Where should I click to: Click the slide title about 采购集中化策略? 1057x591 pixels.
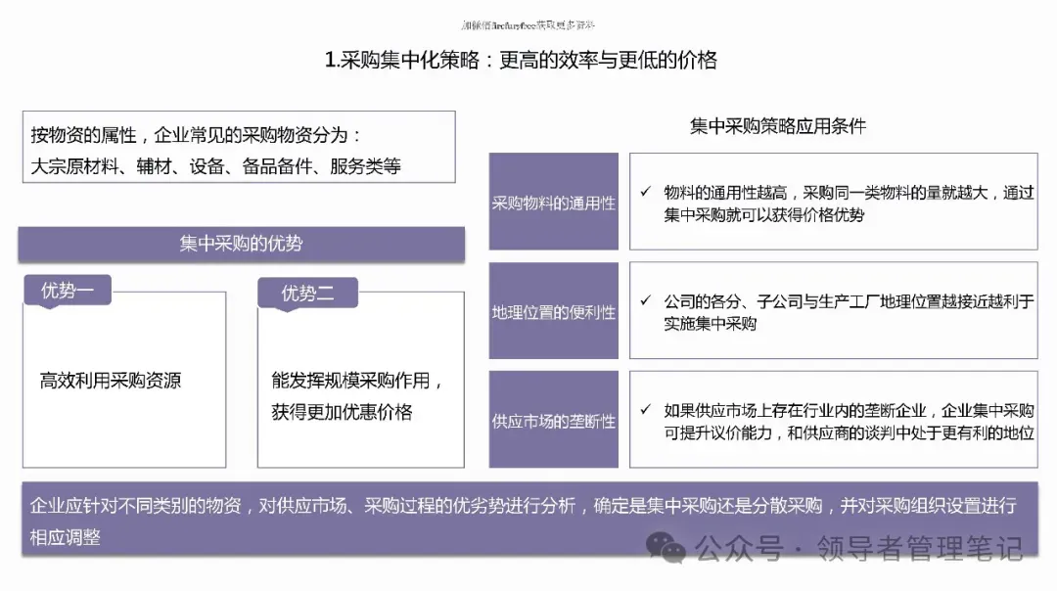click(x=521, y=61)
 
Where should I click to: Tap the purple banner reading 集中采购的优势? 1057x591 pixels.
click(x=241, y=244)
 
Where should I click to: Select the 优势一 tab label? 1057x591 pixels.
click(x=68, y=291)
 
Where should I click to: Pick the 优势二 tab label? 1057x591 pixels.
click(x=307, y=293)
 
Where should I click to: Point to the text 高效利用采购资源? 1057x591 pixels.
click(x=110, y=381)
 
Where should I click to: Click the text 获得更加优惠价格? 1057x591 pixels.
click(x=342, y=412)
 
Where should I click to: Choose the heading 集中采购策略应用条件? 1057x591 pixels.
click(x=778, y=126)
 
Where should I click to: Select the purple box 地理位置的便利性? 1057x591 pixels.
click(x=553, y=312)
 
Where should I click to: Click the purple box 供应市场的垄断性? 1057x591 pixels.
click(x=553, y=421)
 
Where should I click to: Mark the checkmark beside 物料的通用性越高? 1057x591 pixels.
click(x=645, y=192)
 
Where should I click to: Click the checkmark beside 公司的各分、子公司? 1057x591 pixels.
click(x=645, y=300)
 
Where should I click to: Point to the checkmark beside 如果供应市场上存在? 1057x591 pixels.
click(x=645, y=410)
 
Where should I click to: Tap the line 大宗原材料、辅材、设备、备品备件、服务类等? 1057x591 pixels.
click(x=215, y=165)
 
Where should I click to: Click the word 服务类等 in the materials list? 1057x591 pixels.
click(x=365, y=165)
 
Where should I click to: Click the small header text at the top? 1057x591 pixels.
click(x=528, y=24)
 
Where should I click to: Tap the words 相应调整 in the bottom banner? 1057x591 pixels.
click(x=65, y=537)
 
